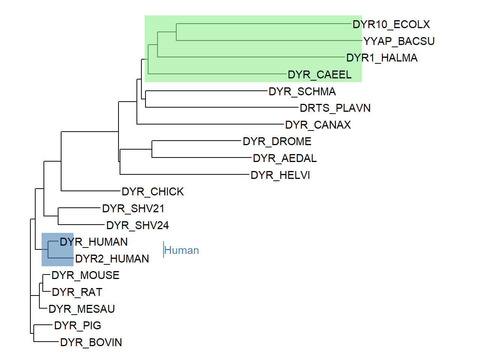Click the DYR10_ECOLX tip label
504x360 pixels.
pos(391,24)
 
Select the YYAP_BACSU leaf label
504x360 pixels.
pos(399,41)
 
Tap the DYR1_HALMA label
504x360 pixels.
pos(382,58)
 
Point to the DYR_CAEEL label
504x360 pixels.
pos(319,75)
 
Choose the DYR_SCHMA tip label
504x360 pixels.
pos(302,91)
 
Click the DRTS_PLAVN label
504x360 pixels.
pos(335,108)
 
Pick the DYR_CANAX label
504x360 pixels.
pos(318,125)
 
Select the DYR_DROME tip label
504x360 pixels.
pos(277,141)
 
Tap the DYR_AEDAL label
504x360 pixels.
pos(285,158)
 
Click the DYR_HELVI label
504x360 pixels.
pos(280,175)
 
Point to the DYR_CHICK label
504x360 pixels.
pos(153,192)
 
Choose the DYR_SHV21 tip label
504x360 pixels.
pos(133,208)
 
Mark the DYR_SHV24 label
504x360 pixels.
pos(138,225)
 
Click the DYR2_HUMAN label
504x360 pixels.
pos(112,259)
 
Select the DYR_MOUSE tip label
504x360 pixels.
pos(85,275)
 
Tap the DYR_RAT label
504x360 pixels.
pos(77,292)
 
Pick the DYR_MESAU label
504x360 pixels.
pos(82,309)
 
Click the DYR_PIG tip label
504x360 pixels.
pos(78,325)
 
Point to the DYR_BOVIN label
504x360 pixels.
pos(91,342)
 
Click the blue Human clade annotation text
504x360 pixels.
pos(181,250)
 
